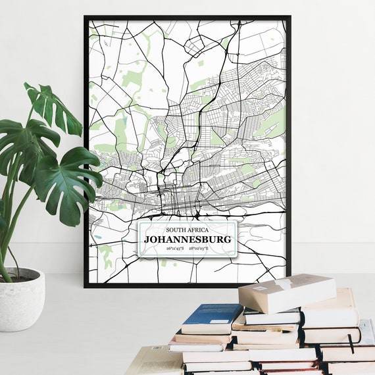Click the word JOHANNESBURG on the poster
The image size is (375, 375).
pos(187,239)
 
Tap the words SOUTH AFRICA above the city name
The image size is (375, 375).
pos(187,229)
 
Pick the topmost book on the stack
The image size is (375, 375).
pos(287,292)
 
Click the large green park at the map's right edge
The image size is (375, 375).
pos(273,122)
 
